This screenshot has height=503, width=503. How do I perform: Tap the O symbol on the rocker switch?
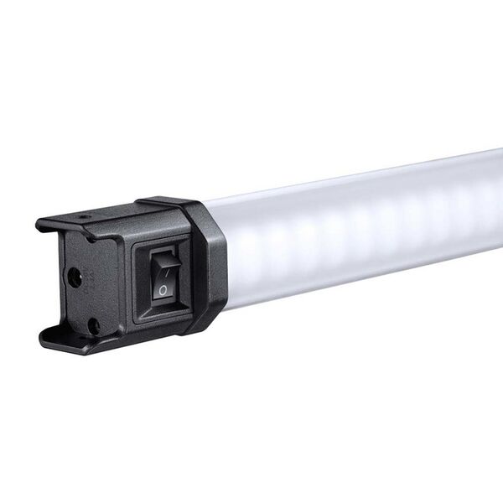[x=163, y=290]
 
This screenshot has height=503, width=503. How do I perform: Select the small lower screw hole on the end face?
[x=93, y=323]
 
